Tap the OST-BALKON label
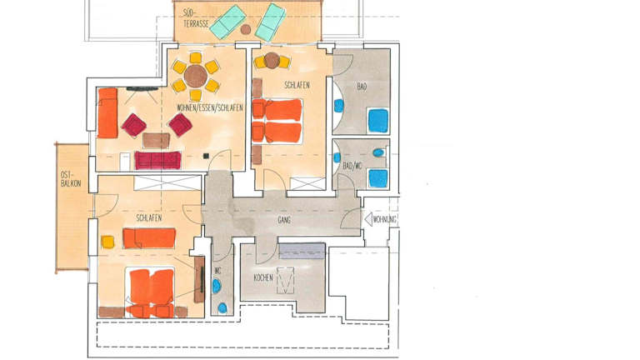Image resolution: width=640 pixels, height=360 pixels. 71,179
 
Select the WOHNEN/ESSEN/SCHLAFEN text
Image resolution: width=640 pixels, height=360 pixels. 210,107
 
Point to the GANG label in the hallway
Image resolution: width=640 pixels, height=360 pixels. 284,220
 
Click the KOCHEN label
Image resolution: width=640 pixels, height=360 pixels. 263,278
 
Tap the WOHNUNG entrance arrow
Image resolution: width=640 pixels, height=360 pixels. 368,220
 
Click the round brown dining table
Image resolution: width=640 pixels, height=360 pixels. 196,76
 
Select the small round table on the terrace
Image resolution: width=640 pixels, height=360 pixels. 245,29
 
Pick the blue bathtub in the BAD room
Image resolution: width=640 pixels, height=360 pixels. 378,120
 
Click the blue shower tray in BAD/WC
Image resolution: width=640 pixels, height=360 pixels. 378,178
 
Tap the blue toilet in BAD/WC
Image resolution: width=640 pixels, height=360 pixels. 378,153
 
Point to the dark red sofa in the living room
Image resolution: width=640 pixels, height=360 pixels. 157,160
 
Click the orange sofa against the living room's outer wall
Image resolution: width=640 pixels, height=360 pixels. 107,113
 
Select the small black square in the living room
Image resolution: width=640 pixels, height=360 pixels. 206,156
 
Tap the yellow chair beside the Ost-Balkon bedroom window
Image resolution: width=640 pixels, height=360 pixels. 107,242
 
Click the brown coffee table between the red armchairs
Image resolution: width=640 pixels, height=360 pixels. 156,141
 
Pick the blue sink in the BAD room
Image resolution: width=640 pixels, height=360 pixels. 339,106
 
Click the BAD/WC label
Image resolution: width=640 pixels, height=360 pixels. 352,167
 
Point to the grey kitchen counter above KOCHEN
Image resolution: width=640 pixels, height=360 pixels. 302,252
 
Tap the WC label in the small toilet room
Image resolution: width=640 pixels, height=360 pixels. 218,271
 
